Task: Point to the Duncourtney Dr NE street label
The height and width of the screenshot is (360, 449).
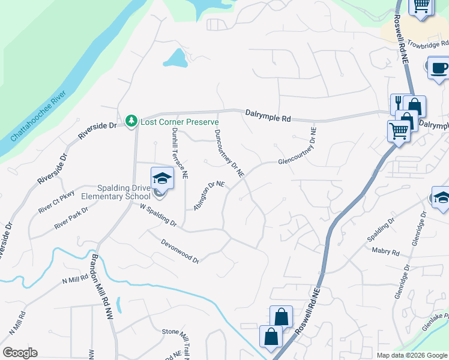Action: click(229, 153)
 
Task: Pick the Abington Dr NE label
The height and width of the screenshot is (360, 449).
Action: click(209, 196)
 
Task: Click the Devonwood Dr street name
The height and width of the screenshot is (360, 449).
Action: click(180, 251)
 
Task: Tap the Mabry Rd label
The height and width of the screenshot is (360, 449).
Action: click(385, 251)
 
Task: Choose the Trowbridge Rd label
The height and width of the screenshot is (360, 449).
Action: click(427, 44)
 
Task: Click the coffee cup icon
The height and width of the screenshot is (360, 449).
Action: click(439, 67)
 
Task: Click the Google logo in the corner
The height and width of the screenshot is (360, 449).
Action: click(20, 353)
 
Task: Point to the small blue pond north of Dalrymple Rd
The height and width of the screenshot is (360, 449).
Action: click(175, 58)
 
